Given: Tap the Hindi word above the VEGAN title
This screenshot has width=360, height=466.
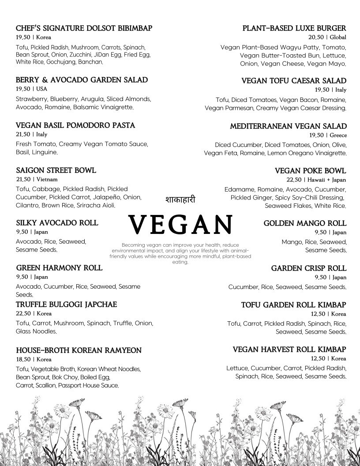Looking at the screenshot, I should coord(180,199).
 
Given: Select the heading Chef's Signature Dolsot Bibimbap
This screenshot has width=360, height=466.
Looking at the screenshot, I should coord(84,28).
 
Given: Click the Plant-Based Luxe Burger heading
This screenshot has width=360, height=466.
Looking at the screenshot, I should coord(294,28).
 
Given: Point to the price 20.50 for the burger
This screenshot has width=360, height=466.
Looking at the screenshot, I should coord(316,38).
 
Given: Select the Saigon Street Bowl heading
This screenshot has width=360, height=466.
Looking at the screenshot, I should coord(56,170).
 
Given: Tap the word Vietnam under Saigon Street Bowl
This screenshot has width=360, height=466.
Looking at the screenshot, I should coord(47,180).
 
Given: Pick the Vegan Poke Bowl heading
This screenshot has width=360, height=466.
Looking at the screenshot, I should coord(310,171).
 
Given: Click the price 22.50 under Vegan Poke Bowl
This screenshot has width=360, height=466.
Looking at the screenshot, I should coord(294,180).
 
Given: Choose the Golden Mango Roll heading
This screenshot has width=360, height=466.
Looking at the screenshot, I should coord(305,223).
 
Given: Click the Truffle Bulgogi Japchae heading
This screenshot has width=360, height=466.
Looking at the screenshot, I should coord(66,304).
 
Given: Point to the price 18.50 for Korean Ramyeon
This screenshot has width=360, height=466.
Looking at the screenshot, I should coord(23,360).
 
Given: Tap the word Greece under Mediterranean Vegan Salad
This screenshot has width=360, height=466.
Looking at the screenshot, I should coord(337,135).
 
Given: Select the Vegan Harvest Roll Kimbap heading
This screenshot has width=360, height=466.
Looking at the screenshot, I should coord(289,349).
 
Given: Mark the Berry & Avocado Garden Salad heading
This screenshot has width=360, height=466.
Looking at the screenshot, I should coord(82,80).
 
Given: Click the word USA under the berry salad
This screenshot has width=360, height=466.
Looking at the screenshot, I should coord(42,89).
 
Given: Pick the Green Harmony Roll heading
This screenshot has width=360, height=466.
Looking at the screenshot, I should coord(59,268).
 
